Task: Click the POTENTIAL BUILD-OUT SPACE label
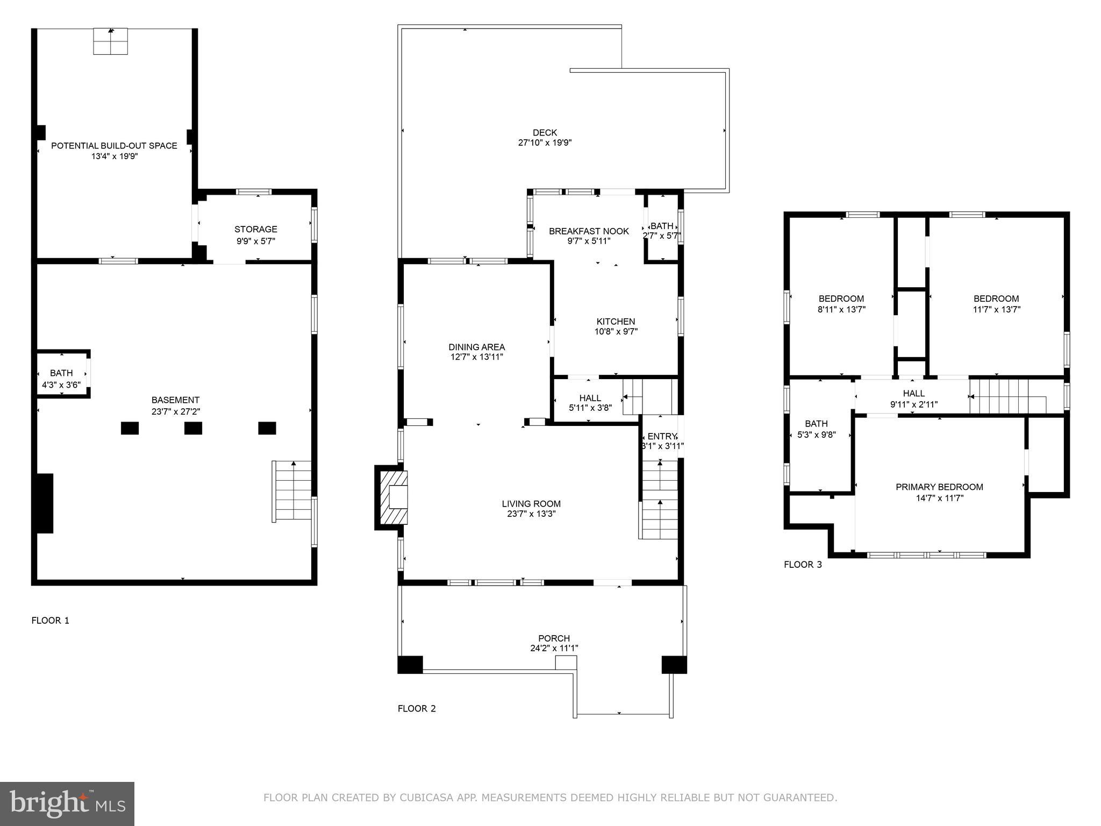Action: click(x=114, y=146)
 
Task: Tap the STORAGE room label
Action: click(x=255, y=230)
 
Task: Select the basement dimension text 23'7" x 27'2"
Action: click(x=175, y=411)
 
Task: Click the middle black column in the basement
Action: click(x=193, y=428)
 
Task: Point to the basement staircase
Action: click(x=292, y=491)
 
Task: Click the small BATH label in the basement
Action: click(x=61, y=373)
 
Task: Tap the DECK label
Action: click(x=545, y=133)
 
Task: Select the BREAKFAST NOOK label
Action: click(x=589, y=231)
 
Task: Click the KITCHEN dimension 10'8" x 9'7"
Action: click(x=616, y=332)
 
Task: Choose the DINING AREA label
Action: click(x=477, y=347)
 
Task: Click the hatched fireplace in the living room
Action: click(x=394, y=497)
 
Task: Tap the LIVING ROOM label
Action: click(x=531, y=504)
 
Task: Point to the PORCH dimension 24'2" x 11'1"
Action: click(x=554, y=649)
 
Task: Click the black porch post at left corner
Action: click(x=410, y=664)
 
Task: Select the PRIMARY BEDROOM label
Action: click(x=939, y=487)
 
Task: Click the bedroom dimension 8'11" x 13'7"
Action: click(x=841, y=310)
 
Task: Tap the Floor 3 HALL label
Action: click(x=913, y=394)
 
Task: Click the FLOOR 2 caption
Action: click(x=417, y=709)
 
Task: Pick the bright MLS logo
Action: click(x=67, y=804)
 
